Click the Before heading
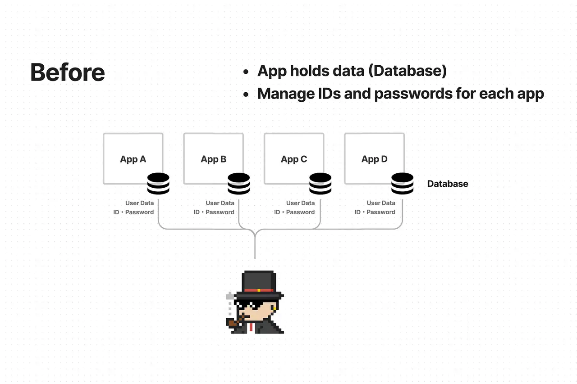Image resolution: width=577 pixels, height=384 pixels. point(68,72)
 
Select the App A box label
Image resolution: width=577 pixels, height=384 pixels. point(133,159)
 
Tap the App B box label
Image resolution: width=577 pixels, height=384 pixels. point(214,159)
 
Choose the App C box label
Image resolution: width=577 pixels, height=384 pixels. point(294,159)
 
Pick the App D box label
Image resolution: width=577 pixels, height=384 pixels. point(375,159)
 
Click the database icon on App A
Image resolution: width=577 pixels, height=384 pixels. point(158,184)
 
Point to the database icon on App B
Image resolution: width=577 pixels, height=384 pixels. point(239,184)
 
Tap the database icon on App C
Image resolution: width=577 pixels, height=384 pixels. point(320,184)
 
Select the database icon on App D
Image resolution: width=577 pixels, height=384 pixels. point(402,184)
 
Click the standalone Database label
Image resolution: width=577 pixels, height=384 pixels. point(448,184)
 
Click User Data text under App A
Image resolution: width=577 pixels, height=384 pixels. point(140,203)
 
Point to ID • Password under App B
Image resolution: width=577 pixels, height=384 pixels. point(214,212)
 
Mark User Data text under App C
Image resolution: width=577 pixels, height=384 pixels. point(301,203)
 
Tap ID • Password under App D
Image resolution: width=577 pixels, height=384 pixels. point(375,212)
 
